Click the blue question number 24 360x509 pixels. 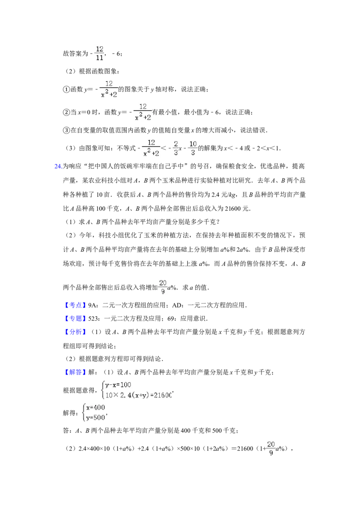tap(58, 166)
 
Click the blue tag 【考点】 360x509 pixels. tap(75, 305)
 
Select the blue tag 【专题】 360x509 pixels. tap(75, 318)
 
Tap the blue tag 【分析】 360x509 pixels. tap(75, 332)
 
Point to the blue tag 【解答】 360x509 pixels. tap(75, 372)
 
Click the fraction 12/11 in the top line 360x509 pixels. tap(99, 53)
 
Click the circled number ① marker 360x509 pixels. tap(66, 89)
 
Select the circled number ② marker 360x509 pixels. tap(66, 112)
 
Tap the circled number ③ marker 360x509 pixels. tap(66, 130)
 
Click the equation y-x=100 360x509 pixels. tap(118, 385)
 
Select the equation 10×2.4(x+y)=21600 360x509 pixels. tap(139, 395)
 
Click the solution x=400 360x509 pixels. tap(95, 407)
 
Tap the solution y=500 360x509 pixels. tap(96, 418)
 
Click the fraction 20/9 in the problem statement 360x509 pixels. tap(163, 287)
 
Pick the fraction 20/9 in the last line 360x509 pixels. tap(271, 448)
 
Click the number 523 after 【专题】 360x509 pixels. tap(94, 318)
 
